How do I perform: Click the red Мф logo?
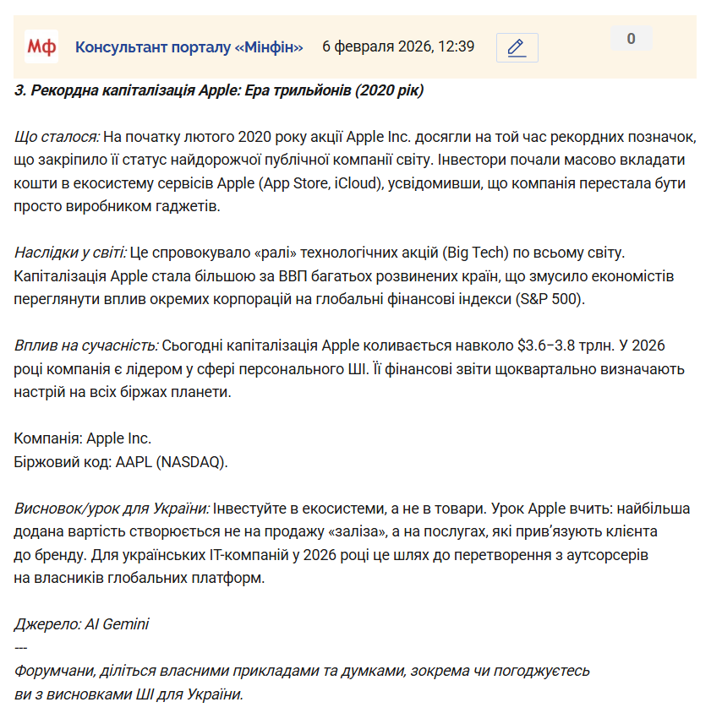(41, 46)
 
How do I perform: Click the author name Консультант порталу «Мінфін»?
(189, 46)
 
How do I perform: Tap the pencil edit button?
(517, 47)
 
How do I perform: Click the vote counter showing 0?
(631, 38)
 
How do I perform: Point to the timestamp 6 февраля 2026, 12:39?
(398, 46)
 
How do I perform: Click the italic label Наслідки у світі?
(71, 253)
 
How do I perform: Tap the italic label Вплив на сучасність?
(86, 346)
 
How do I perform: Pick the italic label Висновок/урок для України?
(112, 509)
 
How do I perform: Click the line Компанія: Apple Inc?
(83, 439)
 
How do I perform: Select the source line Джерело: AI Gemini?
(82, 624)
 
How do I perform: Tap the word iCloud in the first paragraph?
(411, 182)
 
